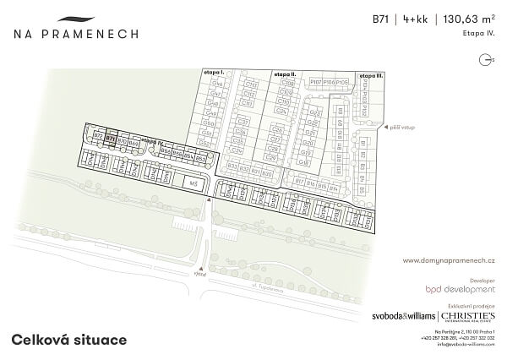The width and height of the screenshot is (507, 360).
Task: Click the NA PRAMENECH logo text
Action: [76, 34]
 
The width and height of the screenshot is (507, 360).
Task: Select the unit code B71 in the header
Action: [381, 19]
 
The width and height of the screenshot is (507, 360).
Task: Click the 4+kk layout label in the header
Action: [415, 19]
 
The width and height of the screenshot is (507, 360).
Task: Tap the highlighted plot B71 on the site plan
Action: [111, 142]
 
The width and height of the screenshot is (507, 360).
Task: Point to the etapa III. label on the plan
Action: [373, 75]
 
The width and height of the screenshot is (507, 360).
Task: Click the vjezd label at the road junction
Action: [199, 272]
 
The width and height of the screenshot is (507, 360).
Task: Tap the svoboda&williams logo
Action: [404, 316]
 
